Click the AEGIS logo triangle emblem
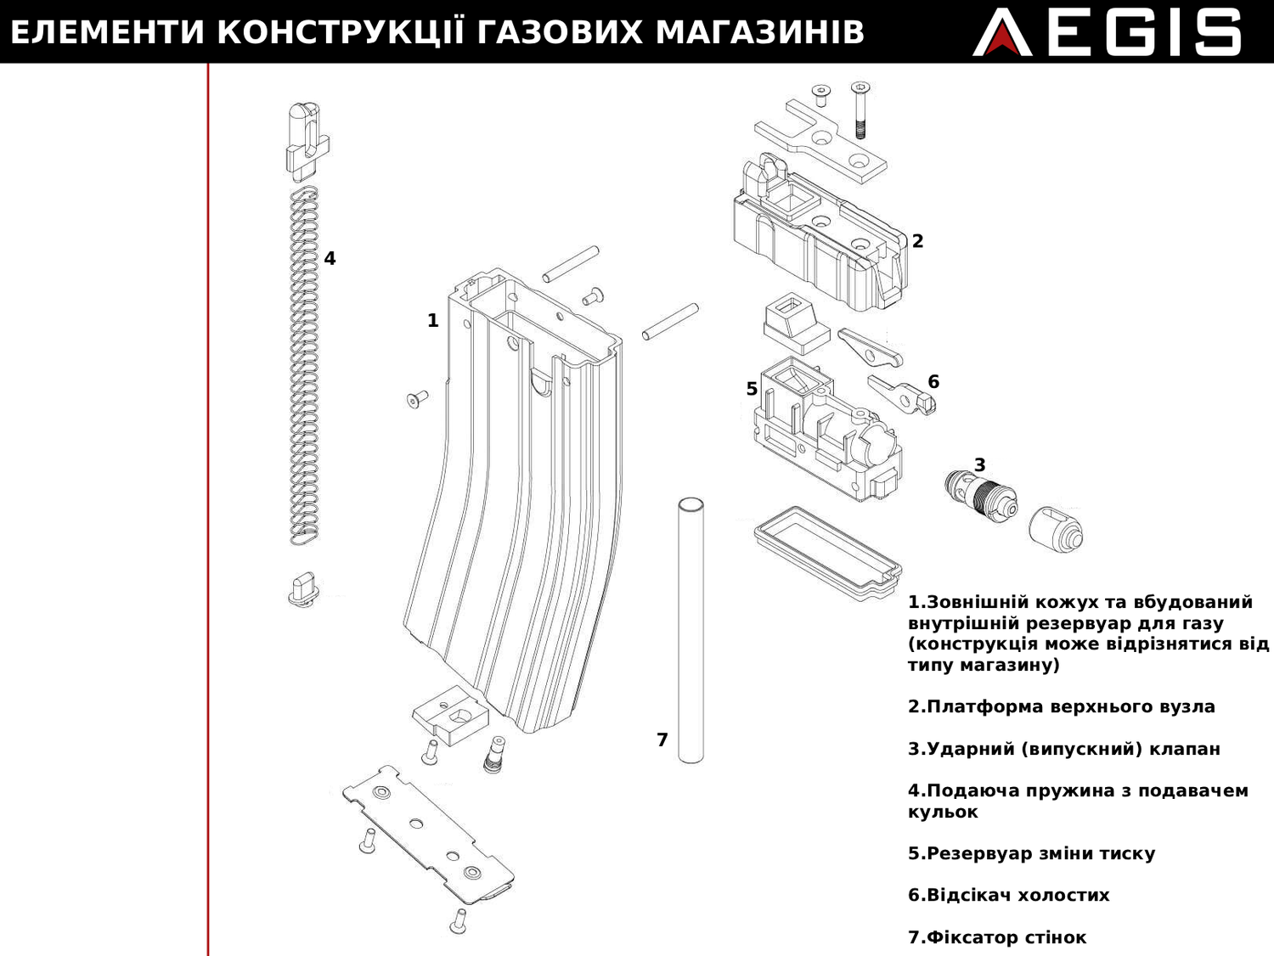(x=1001, y=36)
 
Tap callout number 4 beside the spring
(x=330, y=258)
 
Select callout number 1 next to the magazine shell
(x=432, y=321)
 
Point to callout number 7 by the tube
(x=662, y=740)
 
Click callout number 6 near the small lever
(x=933, y=382)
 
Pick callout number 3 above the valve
(x=979, y=465)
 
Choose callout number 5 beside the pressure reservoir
(x=752, y=389)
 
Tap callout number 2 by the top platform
(x=917, y=241)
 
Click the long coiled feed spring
(x=304, y=365)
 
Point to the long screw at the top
(x=860, y=110)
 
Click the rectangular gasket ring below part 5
(x=826, y=552)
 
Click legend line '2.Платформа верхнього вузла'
(x=1061, y=707)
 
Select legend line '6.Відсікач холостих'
(x=1008, y=896)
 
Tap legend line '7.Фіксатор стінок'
(x=996, y=937)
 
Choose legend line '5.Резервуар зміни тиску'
(x=1031, y=853)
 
